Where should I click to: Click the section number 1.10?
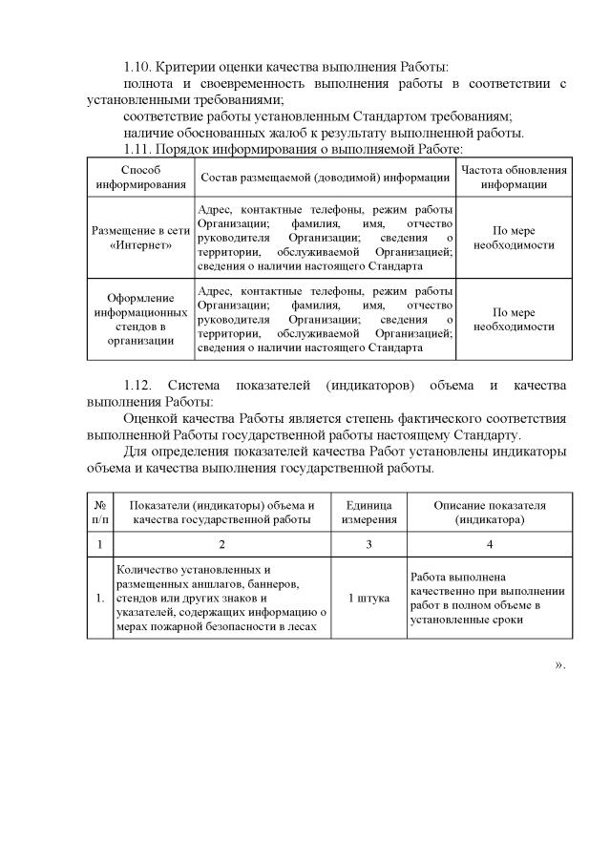coord(139,67)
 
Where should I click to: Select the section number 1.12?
coord(139,385)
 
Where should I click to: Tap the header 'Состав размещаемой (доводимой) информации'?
coord(325,177)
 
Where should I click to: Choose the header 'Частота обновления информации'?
coord(514,177)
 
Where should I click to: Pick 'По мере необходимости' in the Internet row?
coord(514,238)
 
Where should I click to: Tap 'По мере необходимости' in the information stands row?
coord(514,318)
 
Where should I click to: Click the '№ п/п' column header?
coord(99,512)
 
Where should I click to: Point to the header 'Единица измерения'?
coord(368,512)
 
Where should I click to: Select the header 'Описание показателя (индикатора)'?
coord(489,512)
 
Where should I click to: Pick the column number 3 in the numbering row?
coord(368,543)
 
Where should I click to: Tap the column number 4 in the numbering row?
coord(489,543)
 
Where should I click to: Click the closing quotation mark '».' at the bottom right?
coord(560,664)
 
